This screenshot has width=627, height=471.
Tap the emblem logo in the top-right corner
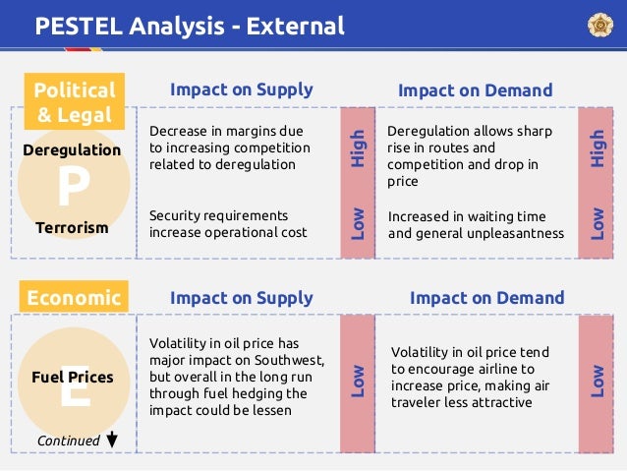pyautogui.click(x=598, y=25)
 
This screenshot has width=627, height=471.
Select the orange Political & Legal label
pyautogui.click(x=75, y=102)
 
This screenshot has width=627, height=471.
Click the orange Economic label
pyautogui.click(x=75, y=298)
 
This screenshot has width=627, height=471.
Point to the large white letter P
pyautogui.click(x=71, y=188)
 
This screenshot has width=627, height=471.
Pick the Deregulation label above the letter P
pyautogui.click(x=72, y=150)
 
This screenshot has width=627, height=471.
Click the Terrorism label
pyautogui.click(x=72, y=227)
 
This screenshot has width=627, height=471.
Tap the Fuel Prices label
pyautogui.click(x=77, y=377)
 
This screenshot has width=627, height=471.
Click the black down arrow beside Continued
pyautogui.click(x=112, y=440)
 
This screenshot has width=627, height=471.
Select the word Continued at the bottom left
pyautogui.click(x=68, y=441)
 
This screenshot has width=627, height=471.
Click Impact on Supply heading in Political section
pyautogui.click(x=241, y=89)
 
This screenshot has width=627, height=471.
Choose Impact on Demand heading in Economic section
pyautogui.click(x=486, y=297)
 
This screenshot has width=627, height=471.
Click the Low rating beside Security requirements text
pyautogui.click(x=359, y=223)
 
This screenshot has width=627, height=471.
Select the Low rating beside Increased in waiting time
pyautogui.click(x=597, y=223)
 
